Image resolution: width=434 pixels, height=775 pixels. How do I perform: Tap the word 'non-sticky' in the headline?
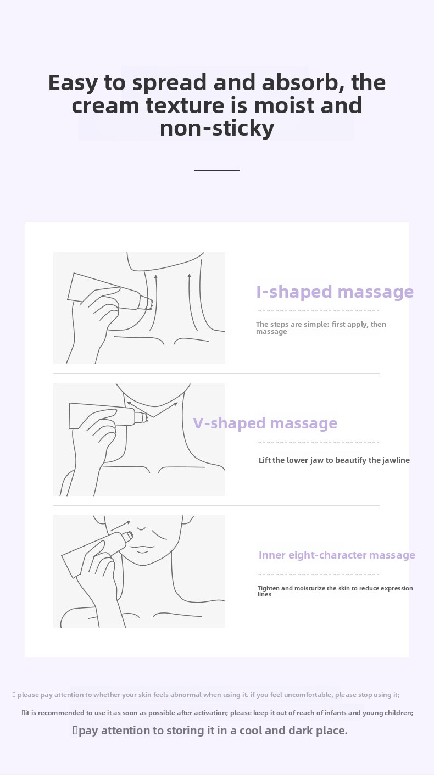[x=217, y=128]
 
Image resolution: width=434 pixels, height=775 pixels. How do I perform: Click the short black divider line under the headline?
[x=217, y=170]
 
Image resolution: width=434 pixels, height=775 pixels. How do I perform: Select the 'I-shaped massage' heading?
[x=335, y=292]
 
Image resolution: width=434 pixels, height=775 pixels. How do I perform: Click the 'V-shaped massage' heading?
[x=265, y=423]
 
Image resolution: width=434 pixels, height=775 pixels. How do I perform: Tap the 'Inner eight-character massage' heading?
[x=337, y=555]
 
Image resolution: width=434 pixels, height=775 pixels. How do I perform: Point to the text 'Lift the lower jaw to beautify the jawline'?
[x=334, y=460]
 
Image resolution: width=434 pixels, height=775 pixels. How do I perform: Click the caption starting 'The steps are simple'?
[x=321, y=328]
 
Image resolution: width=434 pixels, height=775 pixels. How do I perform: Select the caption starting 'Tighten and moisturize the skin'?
[x=335, y=591]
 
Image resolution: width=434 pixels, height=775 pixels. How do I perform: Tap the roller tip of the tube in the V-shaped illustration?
[x=141, y=417]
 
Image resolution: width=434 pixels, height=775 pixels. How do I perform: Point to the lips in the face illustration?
[x=142, y=548]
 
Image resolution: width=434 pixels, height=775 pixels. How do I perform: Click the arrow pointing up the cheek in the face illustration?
[x=120, y=526]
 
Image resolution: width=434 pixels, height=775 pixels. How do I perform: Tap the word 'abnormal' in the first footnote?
[x=186, y=695]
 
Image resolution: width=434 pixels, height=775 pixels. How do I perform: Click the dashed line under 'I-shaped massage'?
[x=319, y=310]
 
